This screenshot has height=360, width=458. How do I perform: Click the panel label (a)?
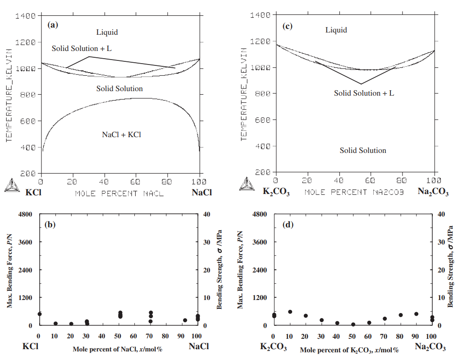(53, 25)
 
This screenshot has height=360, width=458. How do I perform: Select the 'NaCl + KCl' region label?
(122, 134)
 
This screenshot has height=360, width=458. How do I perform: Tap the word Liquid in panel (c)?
(336, 30)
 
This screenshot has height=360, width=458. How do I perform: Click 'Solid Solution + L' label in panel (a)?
(82, 48)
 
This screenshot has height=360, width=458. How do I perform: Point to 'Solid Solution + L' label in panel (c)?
(364, 93)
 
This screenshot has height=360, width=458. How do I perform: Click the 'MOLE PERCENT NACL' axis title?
(119, 194)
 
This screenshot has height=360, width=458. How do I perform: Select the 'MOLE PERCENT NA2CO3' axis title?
(354, 193)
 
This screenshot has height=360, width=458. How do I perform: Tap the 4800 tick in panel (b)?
(25, 214)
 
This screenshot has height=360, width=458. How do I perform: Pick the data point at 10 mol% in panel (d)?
(290, 312)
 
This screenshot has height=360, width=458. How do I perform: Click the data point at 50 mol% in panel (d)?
(353, 324)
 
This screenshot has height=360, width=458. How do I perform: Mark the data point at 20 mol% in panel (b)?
(71, 323)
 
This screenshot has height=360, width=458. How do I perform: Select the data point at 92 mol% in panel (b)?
(185, 320)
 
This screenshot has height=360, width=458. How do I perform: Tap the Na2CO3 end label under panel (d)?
(430, 347)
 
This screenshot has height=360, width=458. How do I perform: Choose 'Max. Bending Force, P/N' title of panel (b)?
(9, 269)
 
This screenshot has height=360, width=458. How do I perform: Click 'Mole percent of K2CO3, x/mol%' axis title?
(349, 350)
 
